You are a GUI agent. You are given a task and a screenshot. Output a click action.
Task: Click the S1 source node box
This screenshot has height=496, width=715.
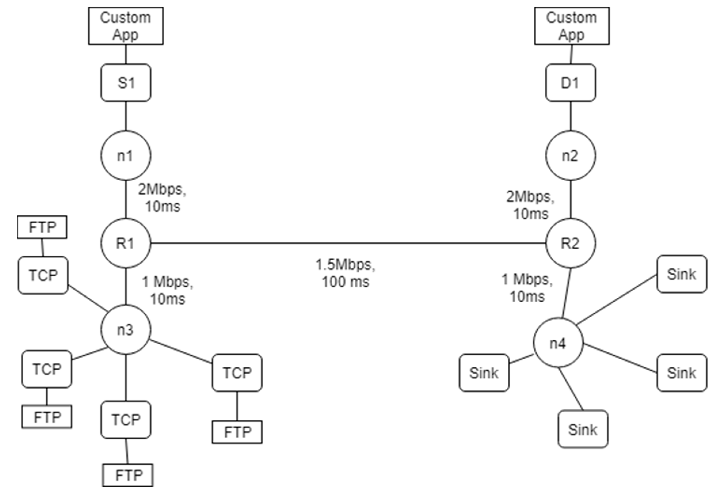coord(126,83)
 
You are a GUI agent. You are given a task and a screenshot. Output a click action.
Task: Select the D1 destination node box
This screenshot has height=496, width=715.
coord(571,83)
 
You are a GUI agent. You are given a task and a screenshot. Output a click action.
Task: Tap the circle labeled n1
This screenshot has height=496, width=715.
coord(126,155)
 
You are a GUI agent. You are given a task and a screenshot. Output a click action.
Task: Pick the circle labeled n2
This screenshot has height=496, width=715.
coord(571,155)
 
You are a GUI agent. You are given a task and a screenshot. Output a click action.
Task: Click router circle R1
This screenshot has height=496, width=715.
coord(126,243)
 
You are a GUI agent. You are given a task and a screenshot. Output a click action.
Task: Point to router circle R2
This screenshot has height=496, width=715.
coord(571,243)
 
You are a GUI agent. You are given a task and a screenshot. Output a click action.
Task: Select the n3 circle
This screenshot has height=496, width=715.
coord(126,329)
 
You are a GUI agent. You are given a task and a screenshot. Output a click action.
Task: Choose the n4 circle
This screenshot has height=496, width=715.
coord(558,343)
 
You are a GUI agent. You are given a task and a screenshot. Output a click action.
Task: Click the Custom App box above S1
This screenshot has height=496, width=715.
coord(126,26)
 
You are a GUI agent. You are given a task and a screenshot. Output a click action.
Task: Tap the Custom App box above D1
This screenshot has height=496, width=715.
coord(571,26)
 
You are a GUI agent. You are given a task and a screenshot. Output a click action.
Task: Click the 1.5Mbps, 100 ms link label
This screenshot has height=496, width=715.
coord(345,273)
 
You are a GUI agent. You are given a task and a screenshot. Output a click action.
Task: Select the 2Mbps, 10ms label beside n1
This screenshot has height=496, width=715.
coord(162,198)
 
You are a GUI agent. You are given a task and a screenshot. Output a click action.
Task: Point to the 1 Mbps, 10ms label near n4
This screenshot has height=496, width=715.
coord(527,288)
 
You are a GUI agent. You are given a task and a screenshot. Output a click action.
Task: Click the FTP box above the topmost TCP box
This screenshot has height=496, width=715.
coord(42,227)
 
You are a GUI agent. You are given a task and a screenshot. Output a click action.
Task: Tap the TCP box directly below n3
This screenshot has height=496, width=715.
coord(126,419)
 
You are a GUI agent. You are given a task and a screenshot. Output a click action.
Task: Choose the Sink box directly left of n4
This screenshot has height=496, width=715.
coord(484,373)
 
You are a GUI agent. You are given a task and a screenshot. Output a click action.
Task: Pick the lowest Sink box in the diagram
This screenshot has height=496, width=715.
coord(583,429)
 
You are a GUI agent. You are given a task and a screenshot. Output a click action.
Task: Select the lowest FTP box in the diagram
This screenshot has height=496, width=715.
coord(128,475)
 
